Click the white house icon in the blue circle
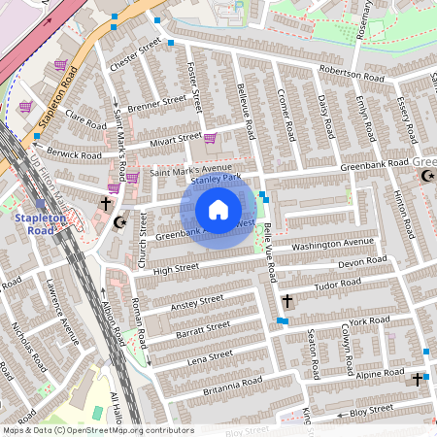pyautogui.click(x=218, y=210)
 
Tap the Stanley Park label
pyautogui.click(x=215, y=180)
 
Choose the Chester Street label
pyautogui.click(x=135, y=57)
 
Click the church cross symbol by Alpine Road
pyautogui.click(x=418, y=379)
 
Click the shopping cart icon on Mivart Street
pyautogui.click(x=210, y=139)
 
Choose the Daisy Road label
pyautogui.click(x=328, y=114)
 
